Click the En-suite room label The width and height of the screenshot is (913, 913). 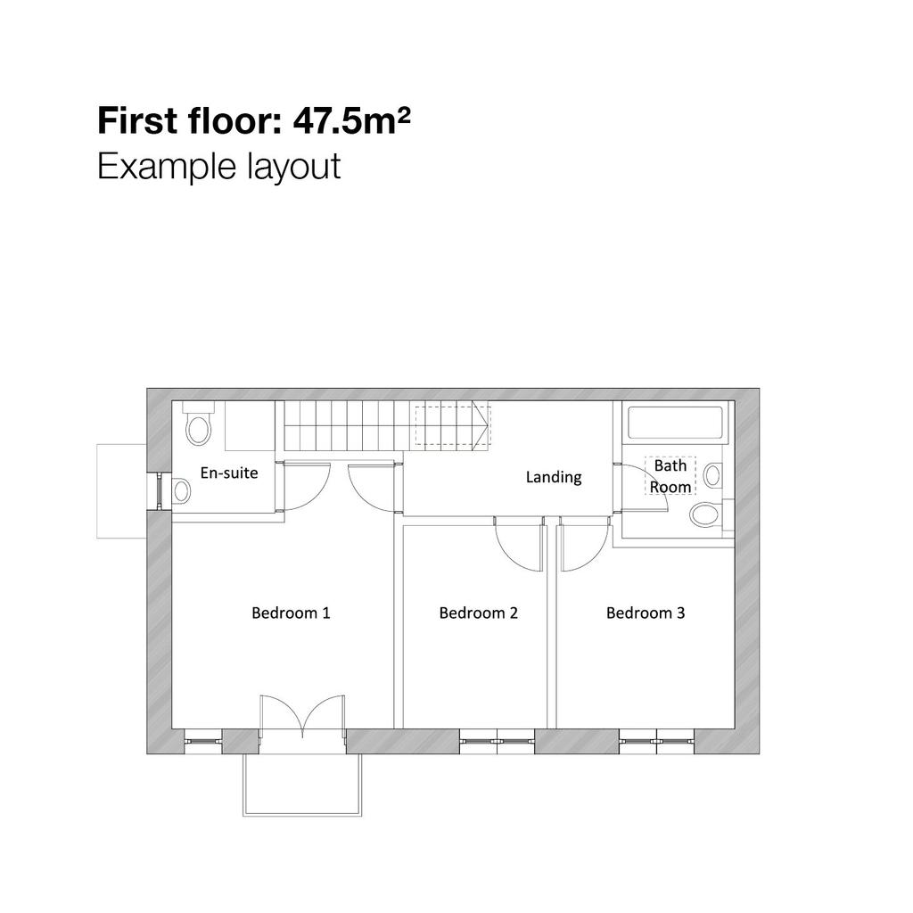[229, 473]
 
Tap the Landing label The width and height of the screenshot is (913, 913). [553, 478]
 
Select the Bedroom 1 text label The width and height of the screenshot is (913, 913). [291, 613]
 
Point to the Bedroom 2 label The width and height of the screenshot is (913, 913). [478, 613]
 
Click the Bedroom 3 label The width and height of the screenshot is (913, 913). [646, 613]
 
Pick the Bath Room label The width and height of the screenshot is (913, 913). [670, 476]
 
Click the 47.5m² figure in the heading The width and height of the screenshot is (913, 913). [351, 120]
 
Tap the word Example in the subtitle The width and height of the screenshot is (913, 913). [166, 167]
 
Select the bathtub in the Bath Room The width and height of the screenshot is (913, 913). [675, 422]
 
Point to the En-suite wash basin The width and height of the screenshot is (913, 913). [181, 491]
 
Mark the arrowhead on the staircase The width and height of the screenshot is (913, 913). [481, 425]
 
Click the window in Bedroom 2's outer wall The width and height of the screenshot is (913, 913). [497, 741]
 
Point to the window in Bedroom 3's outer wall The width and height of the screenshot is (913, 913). [656, 741]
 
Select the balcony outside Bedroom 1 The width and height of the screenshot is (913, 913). [302, 785]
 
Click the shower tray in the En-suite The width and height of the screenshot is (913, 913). [250, 425]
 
